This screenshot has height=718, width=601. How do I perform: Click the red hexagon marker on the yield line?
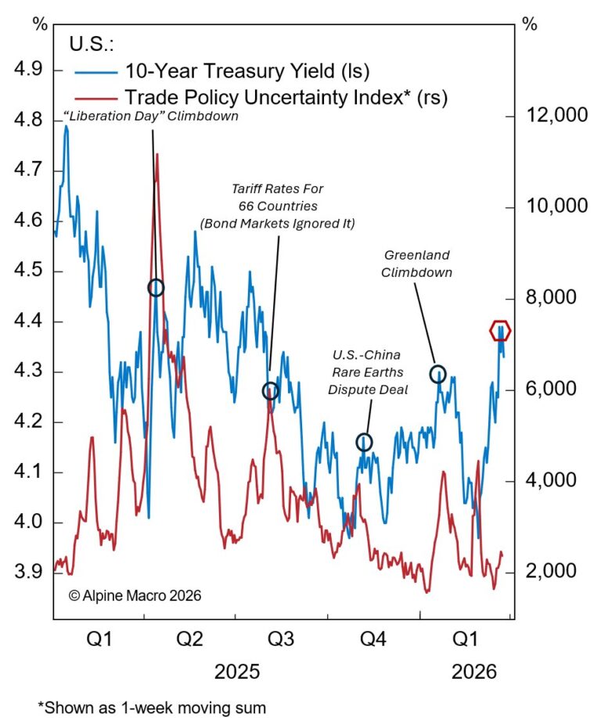pos(501,330)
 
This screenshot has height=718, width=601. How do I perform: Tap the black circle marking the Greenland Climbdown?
pos(437,374)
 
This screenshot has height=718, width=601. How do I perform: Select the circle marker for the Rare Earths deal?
pos(364,443)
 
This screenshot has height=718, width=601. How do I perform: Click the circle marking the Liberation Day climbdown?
pos(156,288)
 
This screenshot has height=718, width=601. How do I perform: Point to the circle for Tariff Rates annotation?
pos(270,391)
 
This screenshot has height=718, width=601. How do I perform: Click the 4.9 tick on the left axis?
pos(28,71)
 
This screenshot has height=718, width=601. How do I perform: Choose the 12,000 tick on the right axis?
pos(556,116)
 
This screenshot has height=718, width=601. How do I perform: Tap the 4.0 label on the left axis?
pos(28,522)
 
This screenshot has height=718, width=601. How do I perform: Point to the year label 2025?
pos(239,672)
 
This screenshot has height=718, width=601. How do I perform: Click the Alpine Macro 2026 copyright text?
pos(135,596)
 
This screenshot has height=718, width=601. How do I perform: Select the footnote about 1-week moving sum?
pos(152,707)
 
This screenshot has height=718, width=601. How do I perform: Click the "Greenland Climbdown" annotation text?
pos(419,264)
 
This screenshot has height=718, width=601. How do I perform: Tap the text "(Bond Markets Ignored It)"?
pos(278,224)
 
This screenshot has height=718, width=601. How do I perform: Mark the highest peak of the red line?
pos(157,155)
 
